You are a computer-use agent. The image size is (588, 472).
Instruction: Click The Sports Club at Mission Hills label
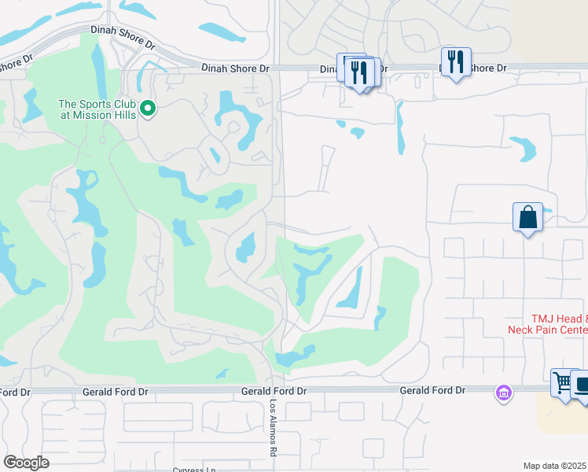[x=97, y=109]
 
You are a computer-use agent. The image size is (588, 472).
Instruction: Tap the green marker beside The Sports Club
[x=148, y=109]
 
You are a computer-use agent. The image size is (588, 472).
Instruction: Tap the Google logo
[x=26, y=463]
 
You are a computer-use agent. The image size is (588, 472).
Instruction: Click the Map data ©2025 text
[x=555, y=466]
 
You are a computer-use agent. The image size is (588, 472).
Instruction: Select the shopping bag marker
[x=527, y=217]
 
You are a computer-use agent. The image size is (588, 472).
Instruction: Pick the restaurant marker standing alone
[x=456, y=61]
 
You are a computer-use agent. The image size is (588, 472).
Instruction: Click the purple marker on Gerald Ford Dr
[x=503, y=391]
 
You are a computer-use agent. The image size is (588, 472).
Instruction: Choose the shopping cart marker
[x=564, y=383]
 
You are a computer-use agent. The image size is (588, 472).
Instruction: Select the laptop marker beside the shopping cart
[x=582, y=386]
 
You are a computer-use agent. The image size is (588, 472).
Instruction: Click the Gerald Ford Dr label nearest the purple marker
[x=432, y=390]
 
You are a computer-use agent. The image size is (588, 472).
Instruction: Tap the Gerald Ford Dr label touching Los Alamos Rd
[x=273, y=391]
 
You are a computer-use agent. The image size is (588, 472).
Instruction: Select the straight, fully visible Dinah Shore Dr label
[x=235, y=68]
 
